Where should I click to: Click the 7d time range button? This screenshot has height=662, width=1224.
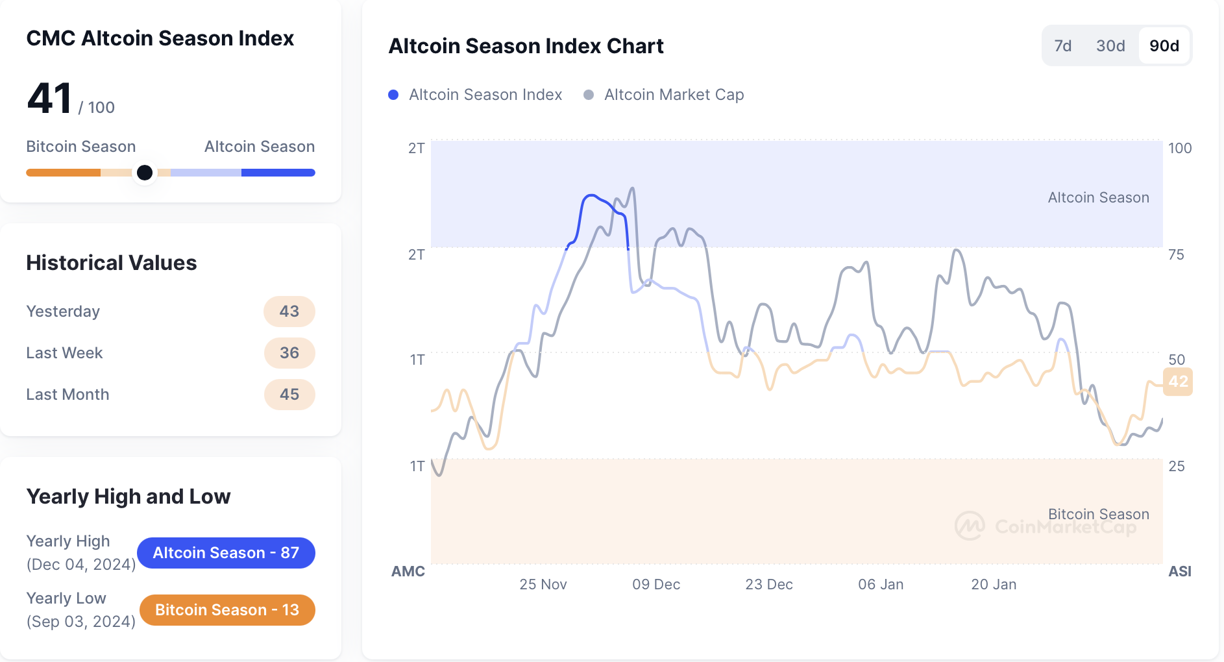1062,46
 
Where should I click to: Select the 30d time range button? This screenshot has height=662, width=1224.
1110,46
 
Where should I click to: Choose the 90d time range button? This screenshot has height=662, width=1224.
1164,46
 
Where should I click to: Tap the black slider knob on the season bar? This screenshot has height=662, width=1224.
145,173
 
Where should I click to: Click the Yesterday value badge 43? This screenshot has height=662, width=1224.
289,312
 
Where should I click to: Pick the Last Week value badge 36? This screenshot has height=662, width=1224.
289,353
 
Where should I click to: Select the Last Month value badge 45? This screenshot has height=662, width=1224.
289,395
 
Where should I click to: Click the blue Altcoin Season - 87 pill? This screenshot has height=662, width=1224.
226,553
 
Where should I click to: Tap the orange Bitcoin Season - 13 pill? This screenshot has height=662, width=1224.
227,610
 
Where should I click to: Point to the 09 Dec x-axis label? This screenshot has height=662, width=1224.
656,584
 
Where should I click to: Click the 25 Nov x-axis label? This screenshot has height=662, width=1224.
543,584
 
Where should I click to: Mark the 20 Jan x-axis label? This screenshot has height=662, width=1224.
994,584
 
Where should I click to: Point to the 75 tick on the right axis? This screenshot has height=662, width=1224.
1176,254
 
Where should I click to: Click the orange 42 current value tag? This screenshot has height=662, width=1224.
1178,382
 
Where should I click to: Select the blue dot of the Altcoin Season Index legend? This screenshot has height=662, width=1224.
393,95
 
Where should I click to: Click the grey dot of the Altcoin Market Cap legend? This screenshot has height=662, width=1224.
589,95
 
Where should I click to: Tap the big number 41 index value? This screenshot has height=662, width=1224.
49,99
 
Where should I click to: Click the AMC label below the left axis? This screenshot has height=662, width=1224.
408,571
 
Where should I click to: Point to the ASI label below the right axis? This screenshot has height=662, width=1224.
1180,571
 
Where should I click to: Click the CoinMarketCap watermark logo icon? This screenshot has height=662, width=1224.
970,526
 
